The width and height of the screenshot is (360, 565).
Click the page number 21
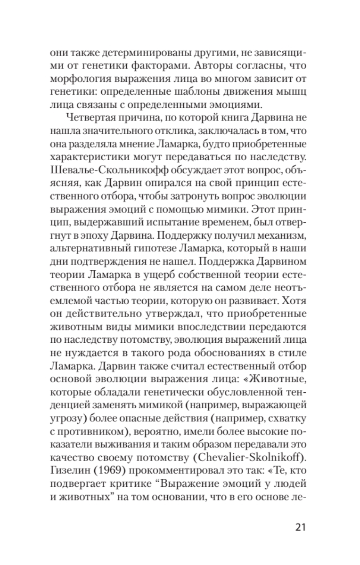pos(299,526)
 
